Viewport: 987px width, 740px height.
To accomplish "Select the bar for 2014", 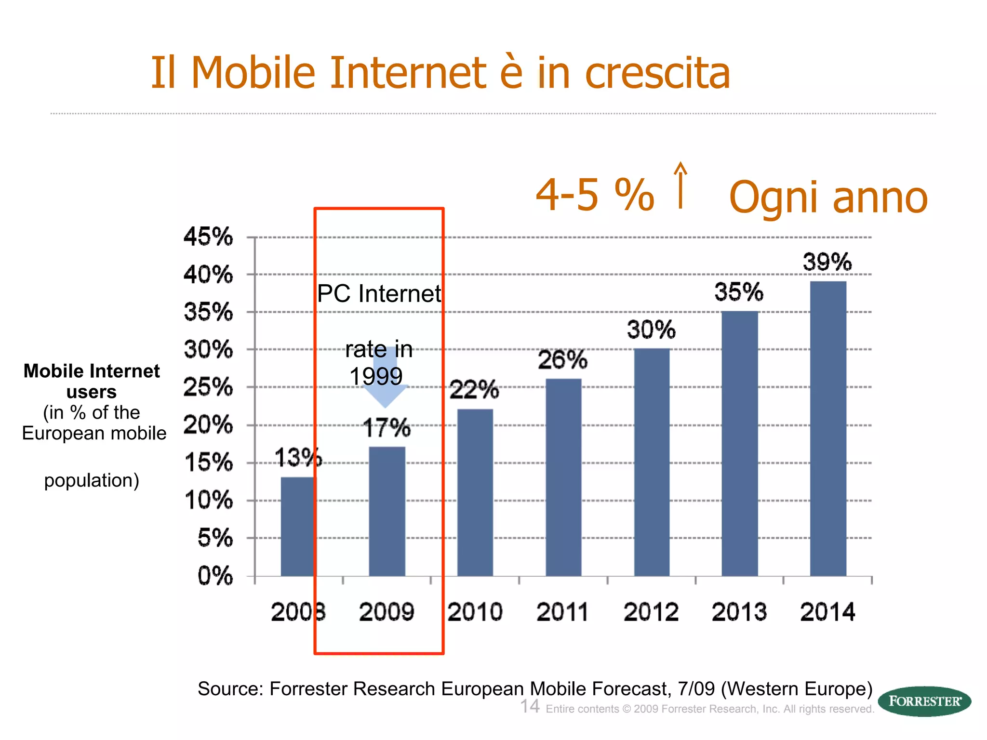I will [x=828, y=429].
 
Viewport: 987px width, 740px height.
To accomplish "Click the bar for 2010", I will [x=475, y=492].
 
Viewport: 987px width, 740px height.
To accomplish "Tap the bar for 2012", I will [x=652, y=462].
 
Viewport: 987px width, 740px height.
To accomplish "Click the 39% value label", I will [x=827, y=263].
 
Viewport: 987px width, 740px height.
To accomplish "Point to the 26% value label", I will [x=562, y=360].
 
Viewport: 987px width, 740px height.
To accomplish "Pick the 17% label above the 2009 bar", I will [x=387, y=428].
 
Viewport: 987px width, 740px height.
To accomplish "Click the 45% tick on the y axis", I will [x=208, y=237].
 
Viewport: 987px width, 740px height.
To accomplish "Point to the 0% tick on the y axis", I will [x=215, y=576].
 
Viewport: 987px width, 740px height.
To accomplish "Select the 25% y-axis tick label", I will [x=208, y=387].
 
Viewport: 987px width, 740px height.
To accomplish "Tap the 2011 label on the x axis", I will [x=562, y=612].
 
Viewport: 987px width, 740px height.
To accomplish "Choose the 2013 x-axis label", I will [x=739, y=612].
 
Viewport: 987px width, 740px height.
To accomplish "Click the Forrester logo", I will [x=924, y=701].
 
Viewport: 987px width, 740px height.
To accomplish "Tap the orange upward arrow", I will [x=680, y=185].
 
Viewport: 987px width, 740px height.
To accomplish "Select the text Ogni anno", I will [x=828, y=198].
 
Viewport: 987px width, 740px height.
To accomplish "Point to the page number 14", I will [x=530, y=707].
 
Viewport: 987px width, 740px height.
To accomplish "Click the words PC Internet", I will [x=379, y=294].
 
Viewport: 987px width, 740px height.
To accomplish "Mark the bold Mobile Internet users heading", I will [x=92, y=381].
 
